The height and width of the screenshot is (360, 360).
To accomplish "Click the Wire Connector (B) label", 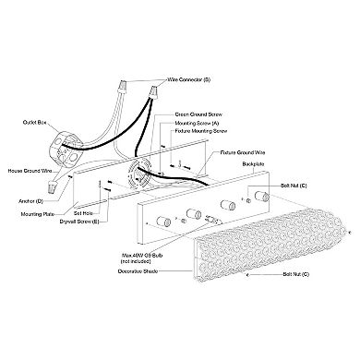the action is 188,79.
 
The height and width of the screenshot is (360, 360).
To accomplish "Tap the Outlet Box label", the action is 34,123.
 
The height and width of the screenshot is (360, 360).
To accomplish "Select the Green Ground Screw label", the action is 198,114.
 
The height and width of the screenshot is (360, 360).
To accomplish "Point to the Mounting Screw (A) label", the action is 197,124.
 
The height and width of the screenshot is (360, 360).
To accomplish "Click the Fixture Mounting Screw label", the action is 201,131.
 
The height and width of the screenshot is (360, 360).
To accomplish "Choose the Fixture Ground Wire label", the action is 243,152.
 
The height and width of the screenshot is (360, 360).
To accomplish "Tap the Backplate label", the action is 253,164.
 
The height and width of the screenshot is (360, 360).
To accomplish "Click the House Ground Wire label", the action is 30,171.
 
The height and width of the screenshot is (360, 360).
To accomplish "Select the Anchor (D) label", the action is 31,201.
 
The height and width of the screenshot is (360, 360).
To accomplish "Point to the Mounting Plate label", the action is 38,214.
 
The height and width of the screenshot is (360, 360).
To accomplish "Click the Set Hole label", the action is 83,213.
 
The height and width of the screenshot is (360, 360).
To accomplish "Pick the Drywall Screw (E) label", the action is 79,222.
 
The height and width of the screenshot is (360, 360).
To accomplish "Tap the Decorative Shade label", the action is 138,271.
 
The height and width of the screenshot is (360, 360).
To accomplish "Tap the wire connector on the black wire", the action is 154,91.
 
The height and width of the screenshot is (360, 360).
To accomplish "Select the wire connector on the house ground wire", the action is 53,186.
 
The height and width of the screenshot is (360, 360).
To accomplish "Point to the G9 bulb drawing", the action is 212,220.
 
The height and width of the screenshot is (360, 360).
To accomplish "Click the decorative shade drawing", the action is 269,246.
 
